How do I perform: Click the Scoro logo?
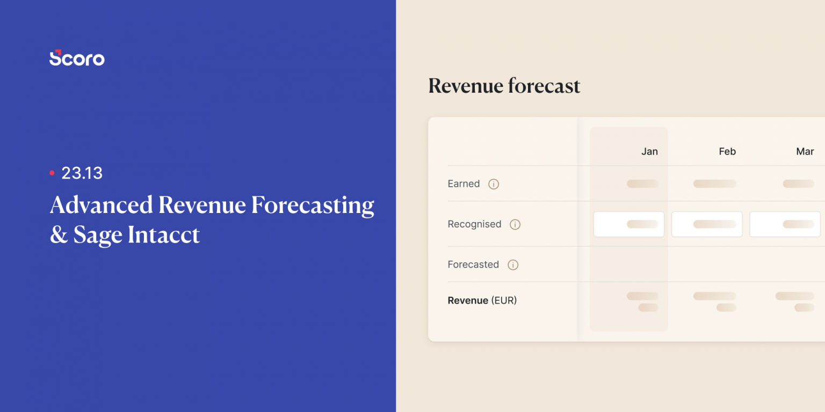pyautogui.click(x=77, y=58)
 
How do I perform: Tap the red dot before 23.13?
pyautogui.click(x=52, y=173)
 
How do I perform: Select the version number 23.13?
pyautogui.click(x=82, y=173)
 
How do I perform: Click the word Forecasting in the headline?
pyautogui.click(x=313, y=205)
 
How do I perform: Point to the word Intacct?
pyautogui.click(x=164, y=235)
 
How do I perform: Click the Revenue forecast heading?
pyautogui.click(x=504, y=86)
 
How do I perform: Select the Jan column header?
pyautogui.click(x=649, y=151)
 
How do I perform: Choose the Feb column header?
pyautogui.click(x=727, y=151)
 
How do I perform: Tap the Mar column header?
pyautogui.click(x=805, y=151)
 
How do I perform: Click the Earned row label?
pyautogui.click(x=464, y=183)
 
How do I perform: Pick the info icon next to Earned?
pyautogui.click(x=494, y=184)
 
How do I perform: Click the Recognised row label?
pyautogui.click(x=474, y=224)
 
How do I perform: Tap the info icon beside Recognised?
pyautogui.click(x=515, y=225)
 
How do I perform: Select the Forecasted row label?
pyautogui.click(x=473, y=264)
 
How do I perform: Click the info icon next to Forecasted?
pyautogui.click(x=513, y=265)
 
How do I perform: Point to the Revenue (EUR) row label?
pyautogui.click(x=482, y=300)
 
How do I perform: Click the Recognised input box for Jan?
pyautogui.click(x=628, y=224)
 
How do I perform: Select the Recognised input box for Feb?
pyautogui.click(x=707, y=224)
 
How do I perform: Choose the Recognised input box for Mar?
pyautogui.click(x=785, y=224)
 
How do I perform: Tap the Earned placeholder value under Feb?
pyautogui.click(x=714, y=183)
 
